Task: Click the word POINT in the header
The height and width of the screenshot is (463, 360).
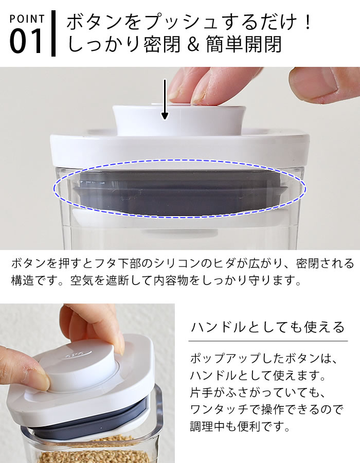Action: coord(27,19)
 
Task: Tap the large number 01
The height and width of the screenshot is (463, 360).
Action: coord(26,41)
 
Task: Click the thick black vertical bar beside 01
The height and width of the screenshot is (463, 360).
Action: coord(53,33)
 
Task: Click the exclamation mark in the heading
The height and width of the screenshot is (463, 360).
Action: coord(308,22)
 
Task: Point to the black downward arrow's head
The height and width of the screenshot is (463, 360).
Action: coord(165,116)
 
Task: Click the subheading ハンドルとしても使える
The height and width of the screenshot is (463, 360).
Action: coord(268,327)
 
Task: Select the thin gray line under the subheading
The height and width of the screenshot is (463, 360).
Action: coord(268,341)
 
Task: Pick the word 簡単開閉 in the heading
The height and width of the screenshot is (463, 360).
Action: coord(244,44)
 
